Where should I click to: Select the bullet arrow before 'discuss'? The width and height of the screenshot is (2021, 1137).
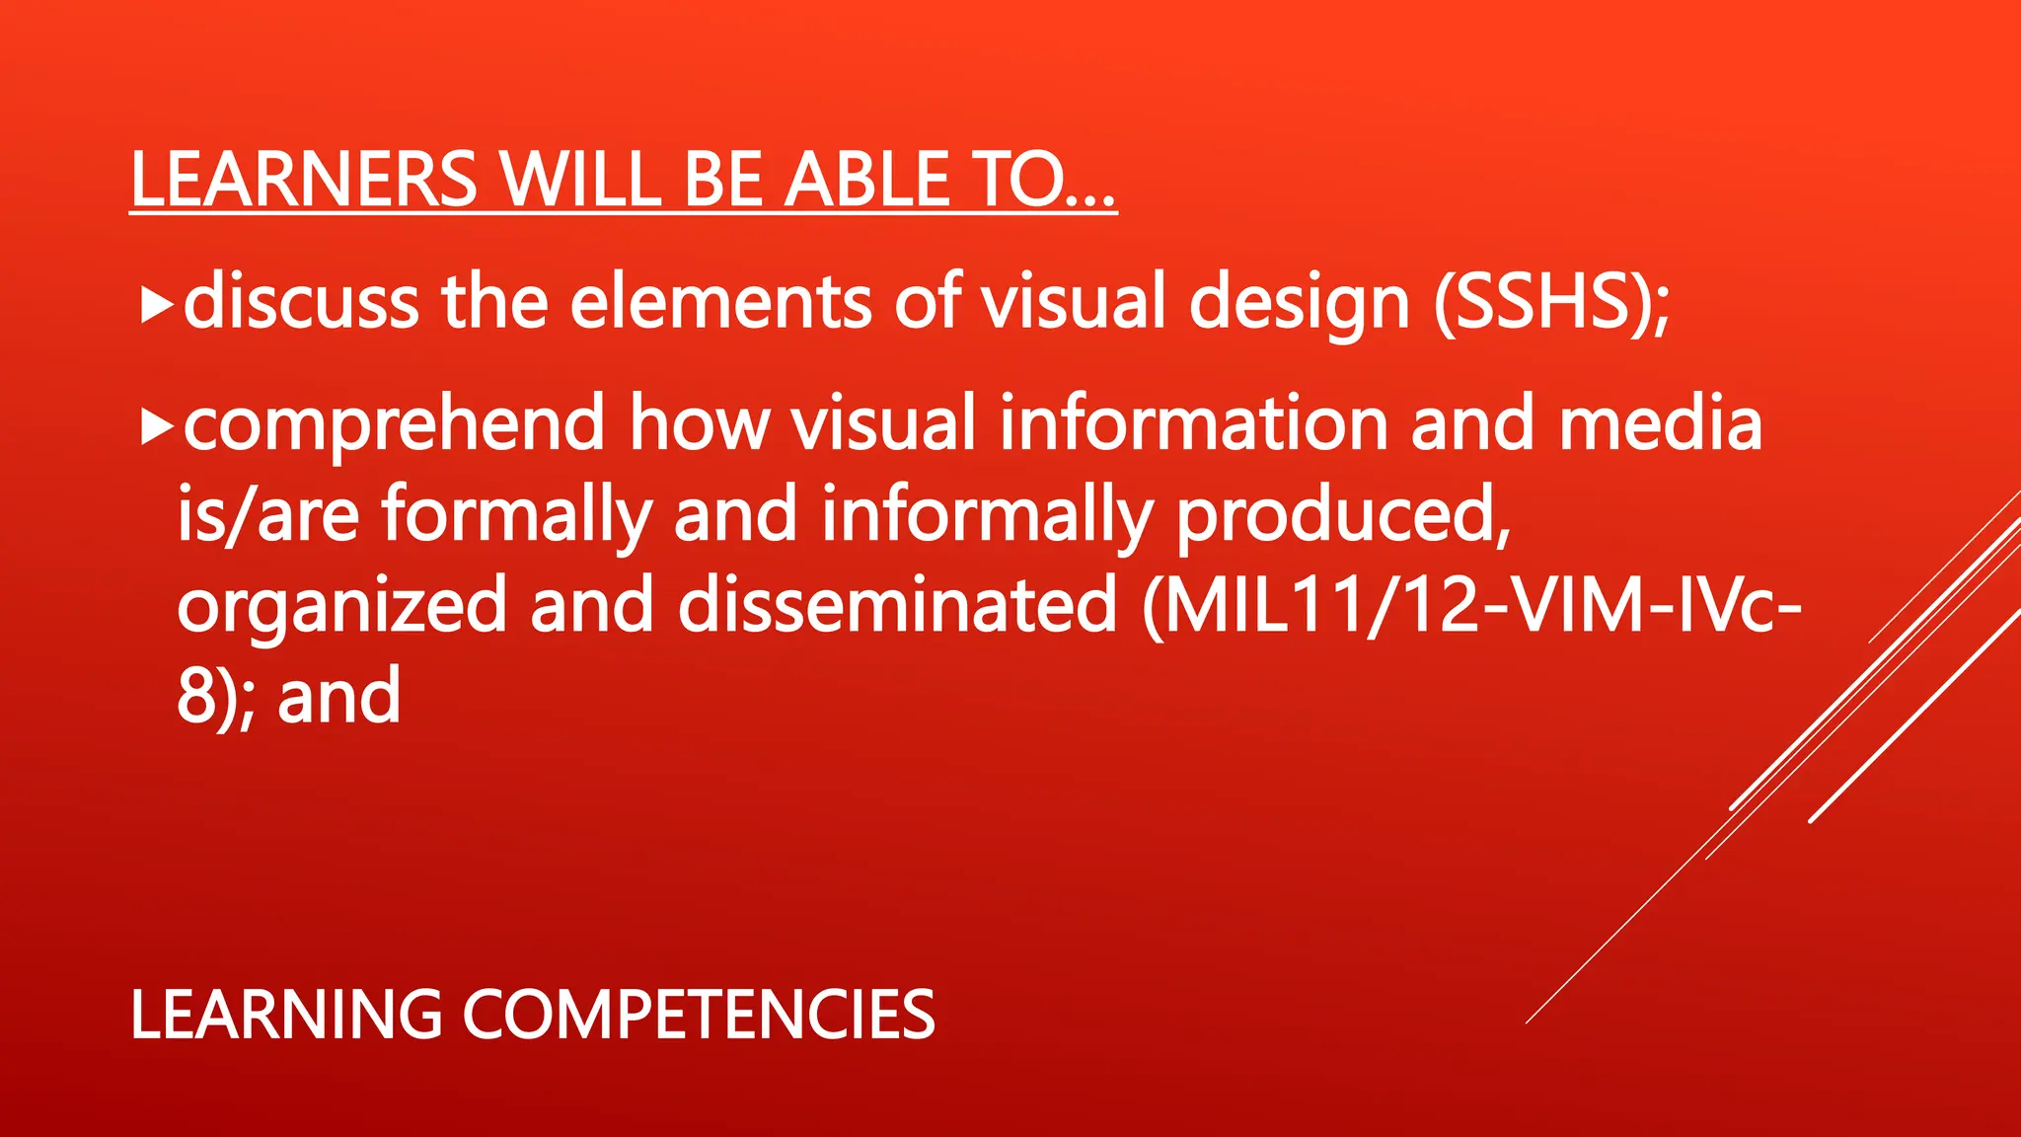coord(157,306)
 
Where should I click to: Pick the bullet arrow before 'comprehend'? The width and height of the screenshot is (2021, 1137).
coord(157,427)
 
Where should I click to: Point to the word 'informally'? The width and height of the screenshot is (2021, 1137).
coord(987,515)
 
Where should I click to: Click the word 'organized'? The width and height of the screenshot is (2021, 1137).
coord(341,607)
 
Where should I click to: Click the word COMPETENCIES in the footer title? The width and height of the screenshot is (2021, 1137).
coord(698,1015)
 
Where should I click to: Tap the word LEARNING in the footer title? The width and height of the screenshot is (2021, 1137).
coord(286,1015)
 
